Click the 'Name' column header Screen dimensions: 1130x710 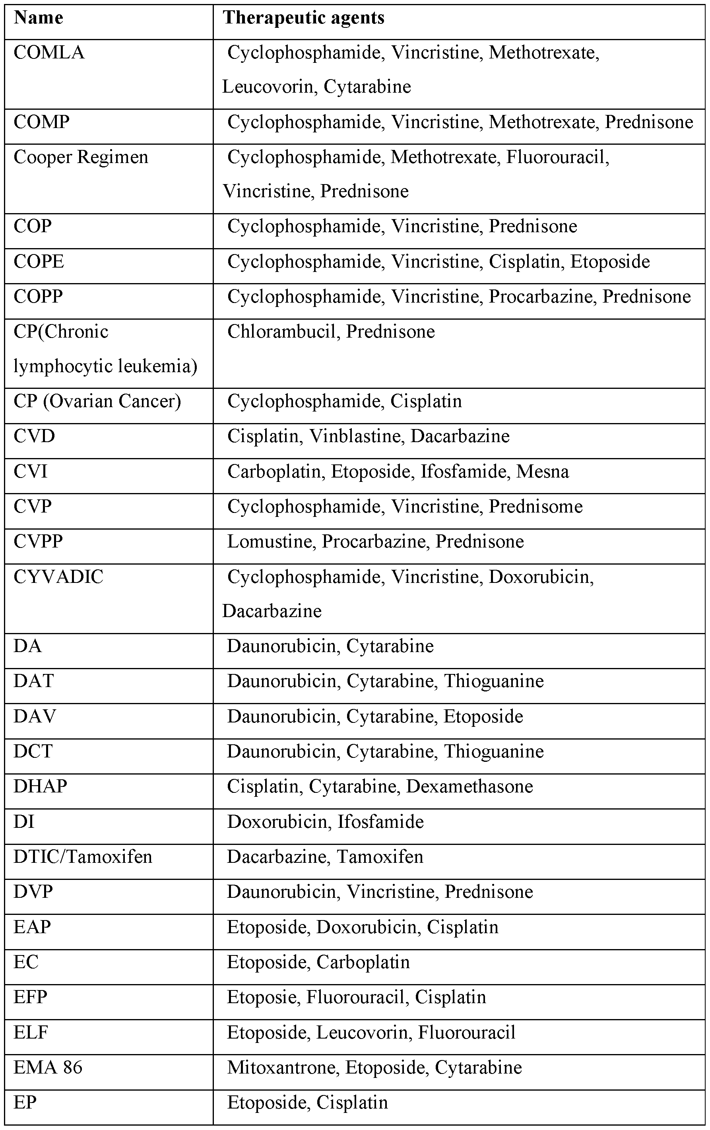(x=39, y=18)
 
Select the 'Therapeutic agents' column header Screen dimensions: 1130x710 (x=303, y=18)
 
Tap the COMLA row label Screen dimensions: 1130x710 (x=49, y=52)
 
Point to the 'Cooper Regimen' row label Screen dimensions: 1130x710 (x=81, y=157)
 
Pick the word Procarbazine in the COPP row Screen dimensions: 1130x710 (x=541, y=297)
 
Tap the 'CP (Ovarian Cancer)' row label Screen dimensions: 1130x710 (x=97, y=401)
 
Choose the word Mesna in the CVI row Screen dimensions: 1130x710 (x=543, y=471)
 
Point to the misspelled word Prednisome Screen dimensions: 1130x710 (x=535, y=506)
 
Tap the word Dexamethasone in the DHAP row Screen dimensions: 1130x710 (x=469, y=786)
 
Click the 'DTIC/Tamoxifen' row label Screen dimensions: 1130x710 (x=83, y=857)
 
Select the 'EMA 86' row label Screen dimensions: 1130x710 (x=48, y=1067)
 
